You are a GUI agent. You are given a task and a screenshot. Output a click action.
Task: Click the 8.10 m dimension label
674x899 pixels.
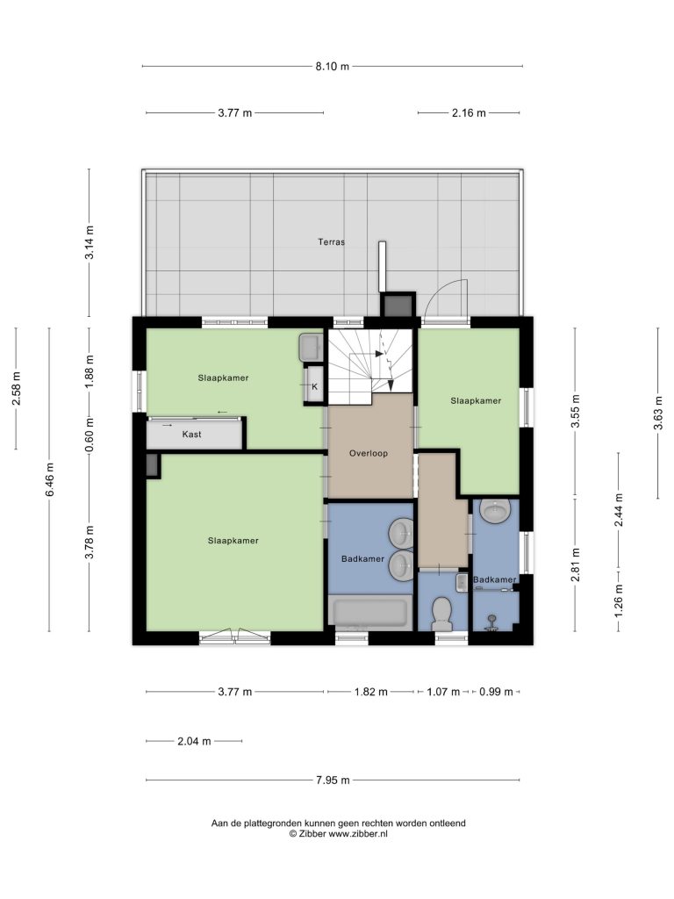(x=332, y=66)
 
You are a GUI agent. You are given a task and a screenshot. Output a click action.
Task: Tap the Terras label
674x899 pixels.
(x=331, y=242)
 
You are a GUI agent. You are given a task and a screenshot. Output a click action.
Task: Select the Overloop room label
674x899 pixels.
(x=369, y=453)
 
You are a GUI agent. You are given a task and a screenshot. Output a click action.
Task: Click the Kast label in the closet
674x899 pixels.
(x=191, y=434)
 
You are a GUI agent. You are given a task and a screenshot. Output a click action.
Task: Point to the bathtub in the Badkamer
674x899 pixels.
(x=370, y=613)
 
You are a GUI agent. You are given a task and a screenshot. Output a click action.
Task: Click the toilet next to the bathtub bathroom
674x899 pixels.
(x=442, y=612)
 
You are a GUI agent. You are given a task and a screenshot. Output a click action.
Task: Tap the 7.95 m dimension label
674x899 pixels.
(x=333, y=780)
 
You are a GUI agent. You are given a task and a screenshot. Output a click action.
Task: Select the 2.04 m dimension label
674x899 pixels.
(x=194, y=741)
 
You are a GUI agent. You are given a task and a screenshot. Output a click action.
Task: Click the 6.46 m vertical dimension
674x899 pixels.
(x=50, y=479)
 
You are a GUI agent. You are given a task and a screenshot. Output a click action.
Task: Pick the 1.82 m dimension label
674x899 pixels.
(x=371, y=692)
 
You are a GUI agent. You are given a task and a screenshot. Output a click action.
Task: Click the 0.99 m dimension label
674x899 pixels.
(x=497, y=692)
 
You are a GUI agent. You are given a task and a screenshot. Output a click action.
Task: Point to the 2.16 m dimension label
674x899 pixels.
(x=469, y=113)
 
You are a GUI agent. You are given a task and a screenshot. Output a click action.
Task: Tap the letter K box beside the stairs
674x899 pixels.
(x=314, y=385)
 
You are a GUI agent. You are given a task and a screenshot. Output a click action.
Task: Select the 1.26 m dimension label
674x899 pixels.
(x=619, y=601)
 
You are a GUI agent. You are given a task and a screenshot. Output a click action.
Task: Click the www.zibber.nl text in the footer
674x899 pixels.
(x=351, y=834)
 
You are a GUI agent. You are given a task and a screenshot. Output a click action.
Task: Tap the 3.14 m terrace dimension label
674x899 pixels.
(x=90, y=242)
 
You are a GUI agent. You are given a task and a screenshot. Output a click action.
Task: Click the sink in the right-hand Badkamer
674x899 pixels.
(x=495, y=510)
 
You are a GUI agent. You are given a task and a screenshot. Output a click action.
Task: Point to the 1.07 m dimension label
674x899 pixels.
(x=443, y=692)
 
